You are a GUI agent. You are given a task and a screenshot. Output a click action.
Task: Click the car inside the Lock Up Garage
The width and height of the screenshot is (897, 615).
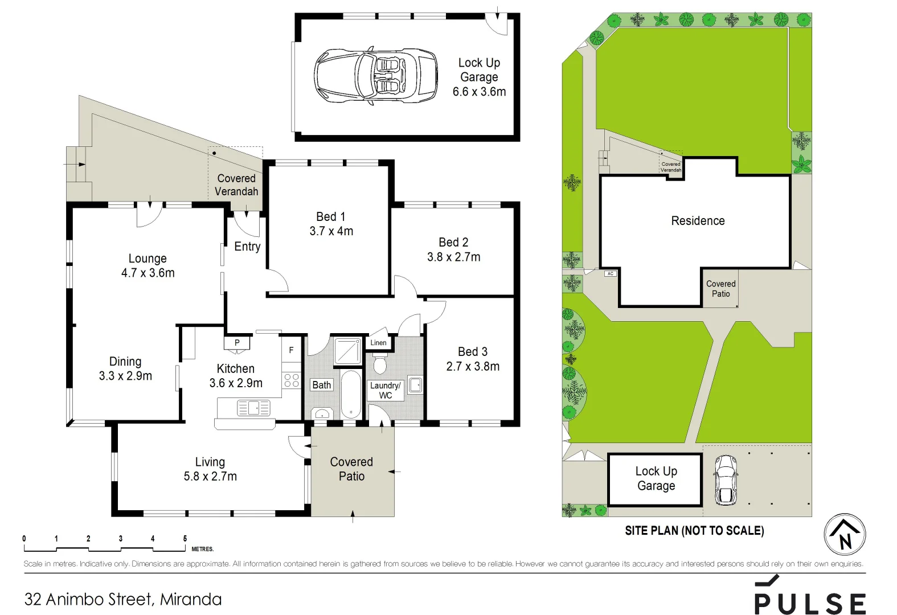pyautogui.click(x=376, y=76)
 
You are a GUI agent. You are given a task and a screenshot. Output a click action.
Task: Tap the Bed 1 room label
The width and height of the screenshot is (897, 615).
pyautogui.click(x=331, y=216)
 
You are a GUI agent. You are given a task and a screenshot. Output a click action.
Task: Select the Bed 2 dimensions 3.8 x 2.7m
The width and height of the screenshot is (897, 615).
pyautogui.click(x=454, y=257)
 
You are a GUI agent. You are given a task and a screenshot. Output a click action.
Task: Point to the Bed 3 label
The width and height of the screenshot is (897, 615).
pyautogui.click(x=473, y=352)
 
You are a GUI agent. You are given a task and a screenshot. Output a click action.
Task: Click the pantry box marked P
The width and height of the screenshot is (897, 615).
pyautogui.click(x=237, y=343)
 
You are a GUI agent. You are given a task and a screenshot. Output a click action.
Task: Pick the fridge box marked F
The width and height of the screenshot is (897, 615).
pyautogui.click(x=291, y=350)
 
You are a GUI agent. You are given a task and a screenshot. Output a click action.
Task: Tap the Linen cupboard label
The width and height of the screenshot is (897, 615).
pyautogui.click(x=378, y=342)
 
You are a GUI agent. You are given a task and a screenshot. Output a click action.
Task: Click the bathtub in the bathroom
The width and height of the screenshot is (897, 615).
pyautogui.click(x=351, y=394)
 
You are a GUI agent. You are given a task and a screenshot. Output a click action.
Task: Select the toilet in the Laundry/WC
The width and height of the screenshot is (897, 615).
pyautogui.click(x=380, y=364)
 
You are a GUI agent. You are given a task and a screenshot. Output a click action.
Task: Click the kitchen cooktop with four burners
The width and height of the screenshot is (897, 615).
pyautogui.click(x=292, y=380)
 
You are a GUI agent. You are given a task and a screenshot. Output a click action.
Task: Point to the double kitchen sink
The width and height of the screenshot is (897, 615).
pyautogui.click(x=253, y=408)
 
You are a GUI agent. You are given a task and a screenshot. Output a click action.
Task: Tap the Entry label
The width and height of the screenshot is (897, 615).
pyautogui.click(x=247, y=247)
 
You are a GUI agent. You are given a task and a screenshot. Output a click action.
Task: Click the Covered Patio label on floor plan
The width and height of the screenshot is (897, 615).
pyautogui.click(x=351, y=469)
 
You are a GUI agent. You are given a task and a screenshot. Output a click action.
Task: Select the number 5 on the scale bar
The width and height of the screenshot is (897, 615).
pyautogui.click(x=185, y=538)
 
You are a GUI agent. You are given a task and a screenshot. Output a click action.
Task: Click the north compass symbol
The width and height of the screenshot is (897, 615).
pyautogui.click(x=845, y=535)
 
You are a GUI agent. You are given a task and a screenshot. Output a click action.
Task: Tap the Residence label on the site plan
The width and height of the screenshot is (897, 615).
pyautogui.click(x=698, y=221)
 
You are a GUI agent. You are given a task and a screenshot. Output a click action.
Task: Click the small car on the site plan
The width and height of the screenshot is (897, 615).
pyautogui.click(x=726, y=479)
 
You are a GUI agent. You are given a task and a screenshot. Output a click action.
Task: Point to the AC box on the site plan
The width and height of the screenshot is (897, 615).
pyautogui.click(x=611, y=273)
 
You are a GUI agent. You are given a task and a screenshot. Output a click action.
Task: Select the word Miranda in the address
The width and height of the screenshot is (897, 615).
pyautogui.click(x=191, y=599)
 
